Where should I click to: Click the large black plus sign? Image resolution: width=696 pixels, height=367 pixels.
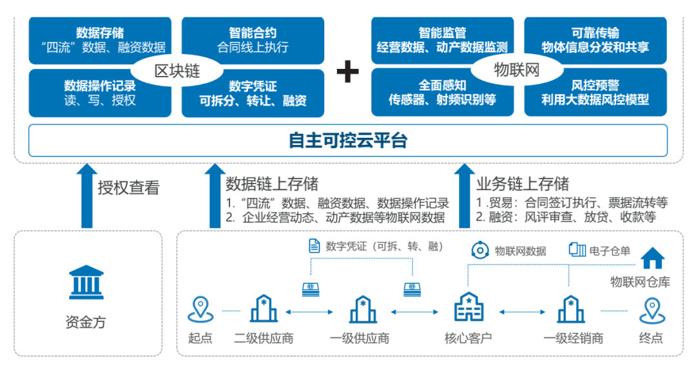(348, 71)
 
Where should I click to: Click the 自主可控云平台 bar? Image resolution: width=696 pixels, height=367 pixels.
(348, 140)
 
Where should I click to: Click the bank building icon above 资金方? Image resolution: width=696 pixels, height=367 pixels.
(85, 281)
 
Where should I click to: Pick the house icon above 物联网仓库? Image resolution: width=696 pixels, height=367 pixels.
(652, 259)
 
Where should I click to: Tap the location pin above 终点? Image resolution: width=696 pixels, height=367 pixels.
(651, 309)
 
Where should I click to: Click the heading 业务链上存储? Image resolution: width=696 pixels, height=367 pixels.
(523, 184)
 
